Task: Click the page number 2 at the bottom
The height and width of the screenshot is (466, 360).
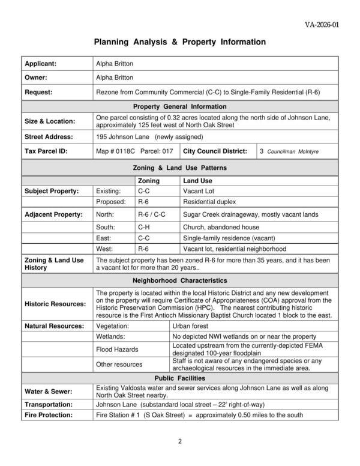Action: (x=179, y=441)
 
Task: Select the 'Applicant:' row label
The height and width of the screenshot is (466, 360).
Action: (x=40, y=63)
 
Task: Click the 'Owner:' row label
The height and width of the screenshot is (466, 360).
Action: (x=35, y=77)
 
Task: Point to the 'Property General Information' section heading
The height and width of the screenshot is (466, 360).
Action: (x=179, y=107)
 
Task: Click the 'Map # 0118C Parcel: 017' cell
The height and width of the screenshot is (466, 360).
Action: (x=134, y=152)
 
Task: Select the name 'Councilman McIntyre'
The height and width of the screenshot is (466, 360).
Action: (x=293, y=152)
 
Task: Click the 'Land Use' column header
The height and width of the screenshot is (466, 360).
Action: (x=197, y=181)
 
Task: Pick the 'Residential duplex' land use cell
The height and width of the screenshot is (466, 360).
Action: (x=209, y=202)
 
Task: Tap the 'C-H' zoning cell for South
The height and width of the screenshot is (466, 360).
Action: (x=143, y=226)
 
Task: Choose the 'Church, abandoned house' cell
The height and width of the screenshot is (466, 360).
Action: (x=217, y=226)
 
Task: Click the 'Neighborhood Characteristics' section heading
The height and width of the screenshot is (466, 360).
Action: (x=179, y=280)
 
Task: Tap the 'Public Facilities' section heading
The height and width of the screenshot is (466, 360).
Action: (x=179, y=379)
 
